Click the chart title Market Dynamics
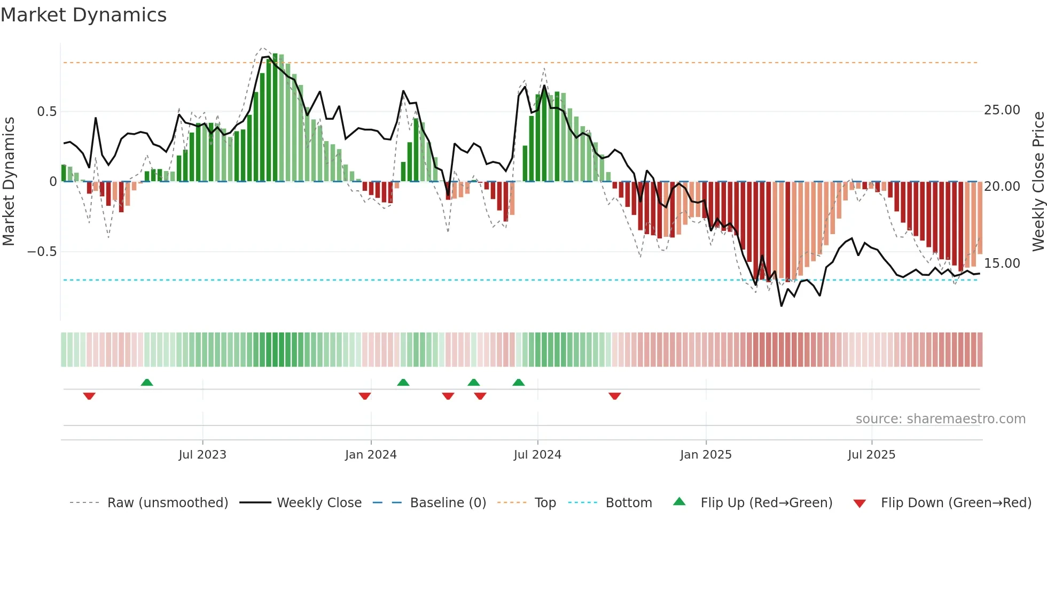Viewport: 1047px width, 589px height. click(x=83, y=15)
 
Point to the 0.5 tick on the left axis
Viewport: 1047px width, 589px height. click(x=46, y=112)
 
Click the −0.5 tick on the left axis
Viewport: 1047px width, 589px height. click(x=42, y=252)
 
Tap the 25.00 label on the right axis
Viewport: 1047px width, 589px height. click(x=1002, y=110)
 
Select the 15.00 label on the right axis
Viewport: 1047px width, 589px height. click(x=1002, y=263)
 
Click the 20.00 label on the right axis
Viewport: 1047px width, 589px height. click(x=1002, y=187)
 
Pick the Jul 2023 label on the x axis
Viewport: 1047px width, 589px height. click(x=202, y=455)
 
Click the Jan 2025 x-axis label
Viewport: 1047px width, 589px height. click(x=706, y=455)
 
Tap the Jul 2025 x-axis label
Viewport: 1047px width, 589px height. click(x=871, y=455)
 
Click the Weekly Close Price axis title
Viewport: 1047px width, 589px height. click(x=1038, y=181)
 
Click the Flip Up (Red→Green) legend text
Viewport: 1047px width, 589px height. click(x=766, y=503)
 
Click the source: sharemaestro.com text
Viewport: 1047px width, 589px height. click(x=940, y=419)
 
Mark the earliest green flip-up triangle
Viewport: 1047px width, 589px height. click(x=147, y=382)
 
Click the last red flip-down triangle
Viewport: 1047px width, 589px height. click(x=614, y=396)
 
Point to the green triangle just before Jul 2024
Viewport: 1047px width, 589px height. click(x=518, y=382)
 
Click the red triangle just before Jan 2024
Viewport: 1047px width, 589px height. click(x=365, y=396)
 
